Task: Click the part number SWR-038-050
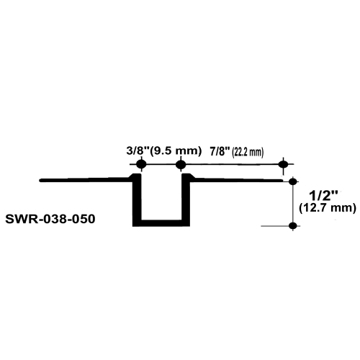point(50,219)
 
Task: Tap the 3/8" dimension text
point(138,151)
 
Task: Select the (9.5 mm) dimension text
point(176,151)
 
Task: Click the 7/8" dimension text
point(220,152)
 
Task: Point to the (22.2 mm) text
point(248,153)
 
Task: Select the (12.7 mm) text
point(328,208)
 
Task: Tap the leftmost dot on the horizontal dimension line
point(141,164)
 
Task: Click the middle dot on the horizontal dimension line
point(181,164)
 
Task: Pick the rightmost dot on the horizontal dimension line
point(284,164)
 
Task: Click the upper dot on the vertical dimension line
point(293,181)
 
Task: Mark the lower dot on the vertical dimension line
point(293,226)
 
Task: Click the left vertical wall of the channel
point(137,199)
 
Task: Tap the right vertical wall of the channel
point(186,199)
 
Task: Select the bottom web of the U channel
point(161,223)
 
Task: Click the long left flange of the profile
point(86,180)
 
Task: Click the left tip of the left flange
point(40,180)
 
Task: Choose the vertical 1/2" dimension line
point(293,204)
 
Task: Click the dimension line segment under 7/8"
point(232,164)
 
